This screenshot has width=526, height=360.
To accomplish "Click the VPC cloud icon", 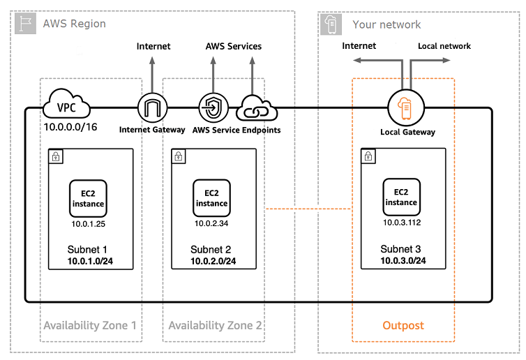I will [67, 107].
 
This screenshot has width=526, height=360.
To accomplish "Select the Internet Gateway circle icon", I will [152, 108].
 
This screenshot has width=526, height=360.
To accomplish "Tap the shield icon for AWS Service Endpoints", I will [211, 108].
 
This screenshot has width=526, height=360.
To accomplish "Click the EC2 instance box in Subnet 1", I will [88, 198].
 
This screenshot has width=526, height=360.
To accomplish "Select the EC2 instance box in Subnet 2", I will [211, 198].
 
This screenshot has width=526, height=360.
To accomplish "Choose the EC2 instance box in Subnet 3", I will [401, 197].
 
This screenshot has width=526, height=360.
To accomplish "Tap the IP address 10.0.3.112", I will [401, 223].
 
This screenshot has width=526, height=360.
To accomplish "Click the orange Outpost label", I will [403, 326].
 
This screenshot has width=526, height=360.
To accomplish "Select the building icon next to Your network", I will [332, 24].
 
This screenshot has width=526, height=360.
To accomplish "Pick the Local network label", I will [444, 46].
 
